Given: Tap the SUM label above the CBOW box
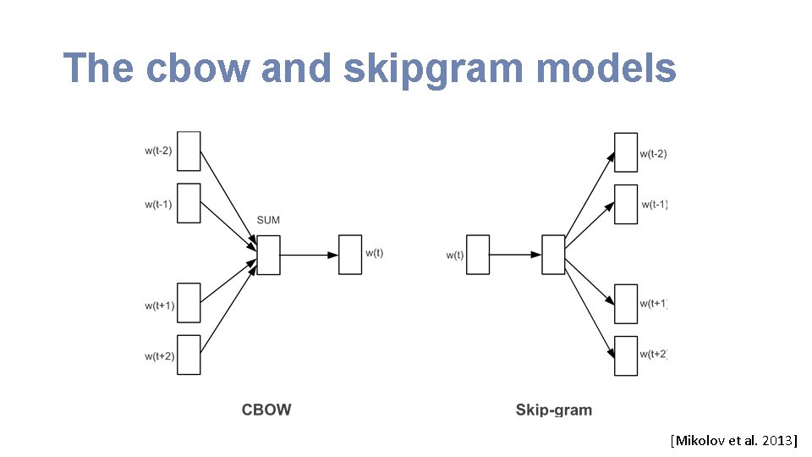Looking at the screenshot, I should pyautogui.click(x=268, y=220).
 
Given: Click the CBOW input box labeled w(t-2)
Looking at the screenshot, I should pyautogui.click(x=189, y=151).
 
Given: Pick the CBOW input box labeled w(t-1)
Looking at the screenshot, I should pyautogui.click(x=189, y=203).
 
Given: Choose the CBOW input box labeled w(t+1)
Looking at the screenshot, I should pyautogui.click(x=189, y=303).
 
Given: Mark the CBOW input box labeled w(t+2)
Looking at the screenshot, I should pyautogui.click(x=189, y=355).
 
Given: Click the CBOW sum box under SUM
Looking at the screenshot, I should pyautogui.click(x=268, y=255).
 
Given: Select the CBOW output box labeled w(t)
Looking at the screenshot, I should pyautogui.click(x=350, y=255).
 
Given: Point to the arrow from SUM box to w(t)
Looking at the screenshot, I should pyautogui.click(x=308, y=255).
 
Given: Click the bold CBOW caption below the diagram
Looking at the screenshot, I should pyautogui.click(x=266, y=410).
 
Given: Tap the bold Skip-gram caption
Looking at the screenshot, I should pyautogui.click(x=554, y=410).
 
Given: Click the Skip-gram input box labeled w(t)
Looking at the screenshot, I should pyautogui.click(x=477, y=255).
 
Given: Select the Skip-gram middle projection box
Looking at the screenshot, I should pyautogui.click(x=553, y=255).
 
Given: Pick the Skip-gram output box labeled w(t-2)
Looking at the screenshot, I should pyautogui.click(x=626, y=152).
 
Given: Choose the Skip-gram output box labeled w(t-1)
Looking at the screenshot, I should pyautogui.click(x=626, y=204).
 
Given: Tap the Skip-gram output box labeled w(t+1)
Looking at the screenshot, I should pyautogui.click(x=626, y=304).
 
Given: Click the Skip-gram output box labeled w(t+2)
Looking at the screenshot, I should pyautogui.click(x=626, y=355).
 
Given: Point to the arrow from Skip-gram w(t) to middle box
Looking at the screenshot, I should pyautogui.click(x=514, y=254).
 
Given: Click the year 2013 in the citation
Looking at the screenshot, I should pyautogui.click(x=777, y=441).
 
